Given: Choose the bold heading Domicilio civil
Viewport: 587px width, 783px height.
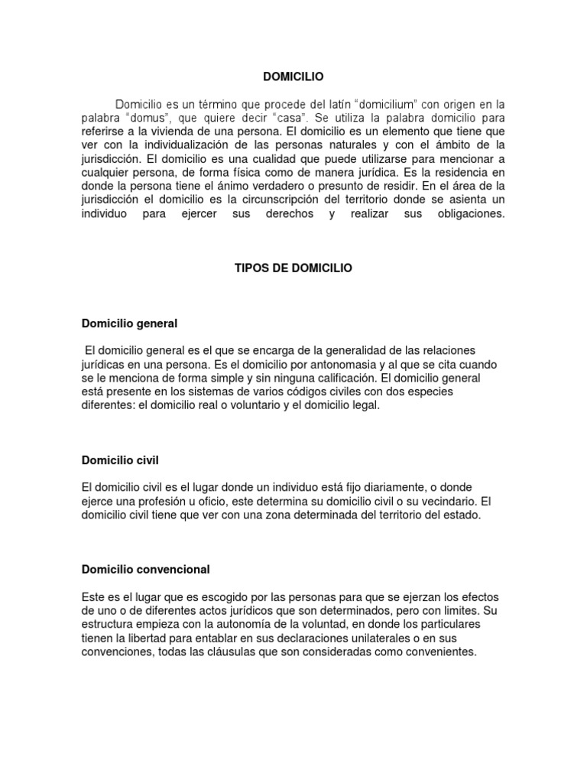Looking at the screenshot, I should point(119,460).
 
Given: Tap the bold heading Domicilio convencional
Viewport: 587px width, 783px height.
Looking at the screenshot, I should point(145,570).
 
